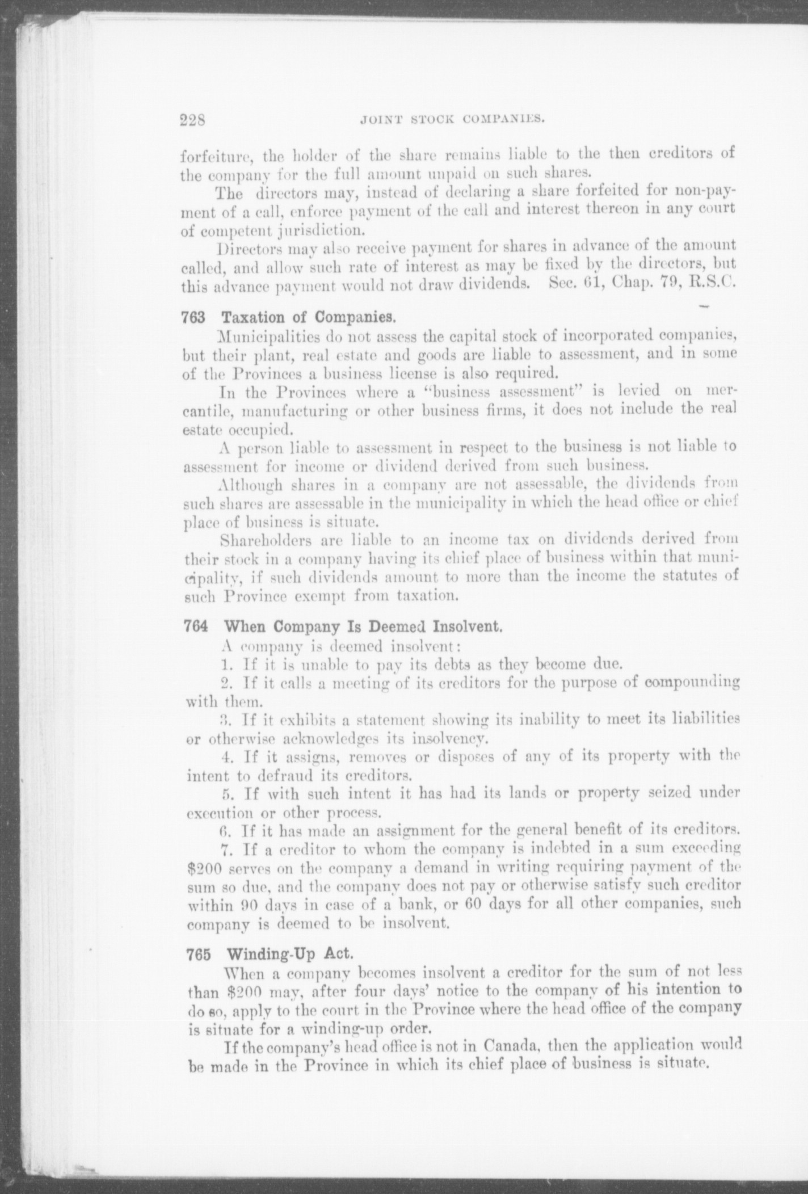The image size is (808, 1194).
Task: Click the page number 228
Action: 192,120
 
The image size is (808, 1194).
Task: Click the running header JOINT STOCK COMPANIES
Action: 452,119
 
